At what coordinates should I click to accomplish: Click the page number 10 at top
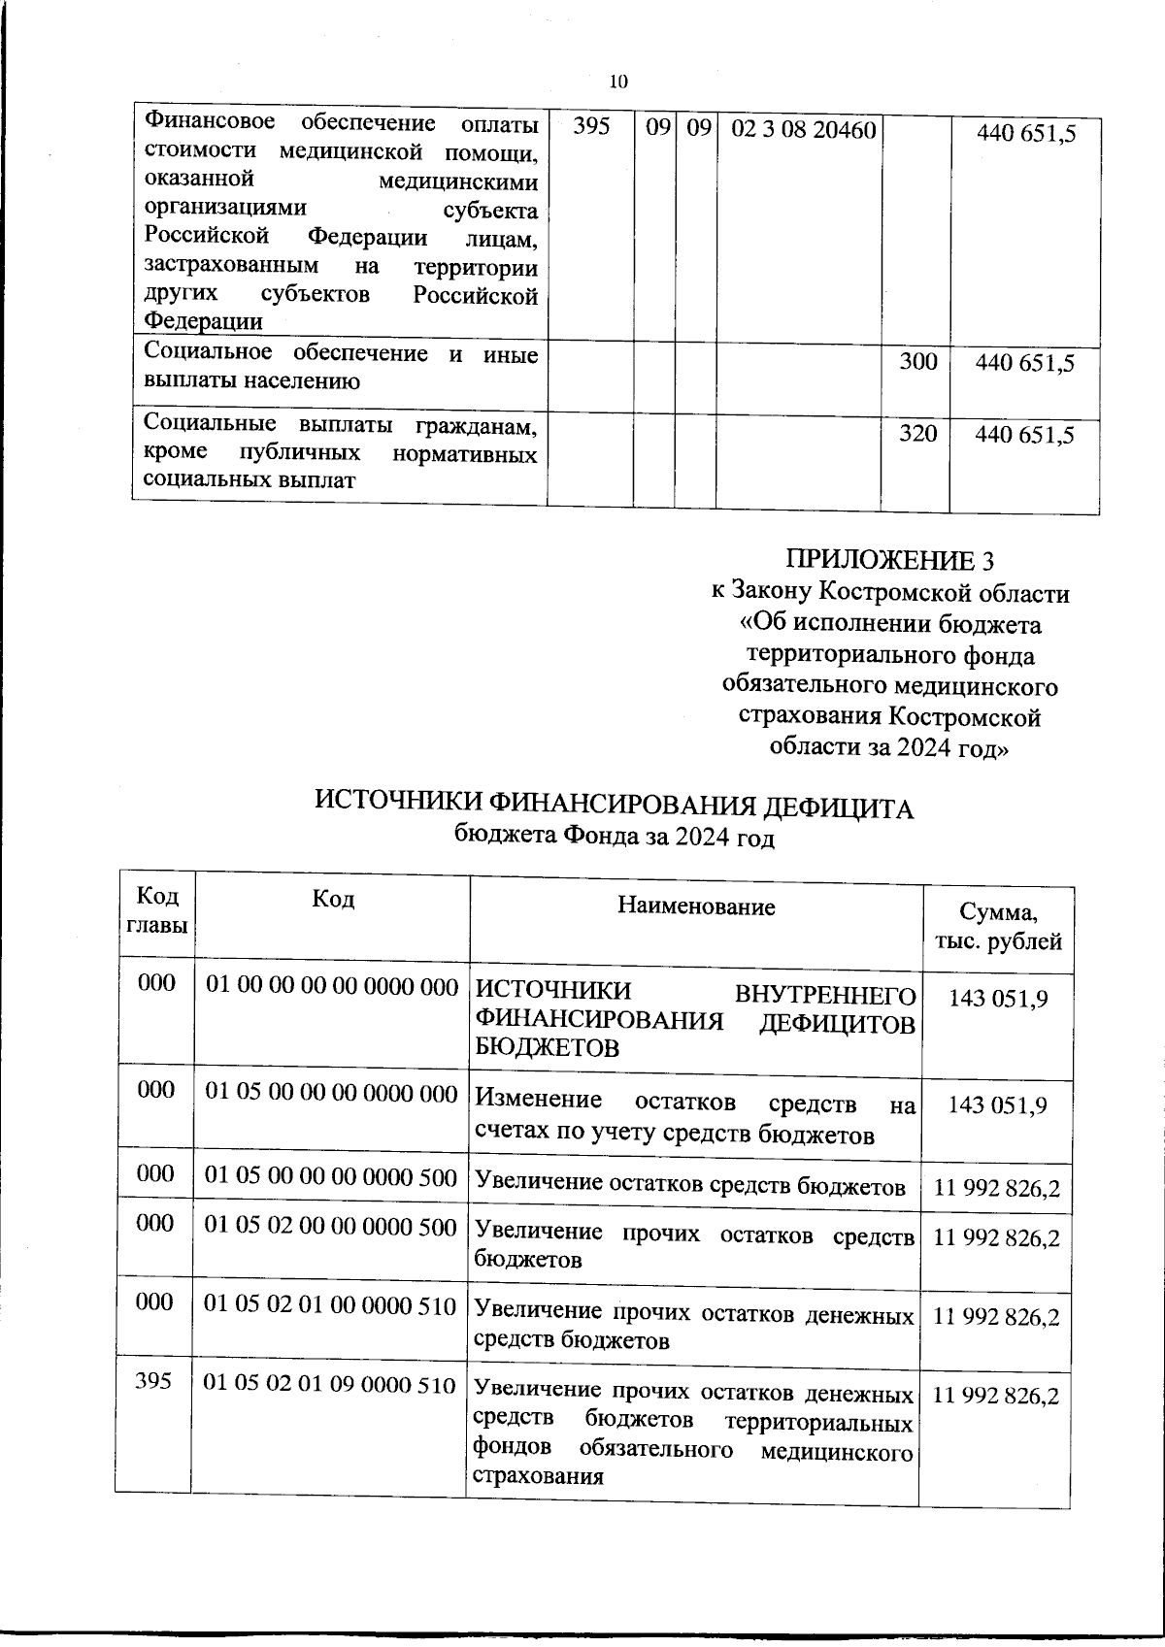[618, 82]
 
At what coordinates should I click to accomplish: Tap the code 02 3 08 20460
[803, 130]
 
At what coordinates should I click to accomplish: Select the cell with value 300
[917, 362]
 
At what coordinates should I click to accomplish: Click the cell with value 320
[917, 434]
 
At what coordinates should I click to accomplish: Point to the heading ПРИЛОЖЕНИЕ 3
[890, 561]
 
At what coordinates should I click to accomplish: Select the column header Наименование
[696, 906]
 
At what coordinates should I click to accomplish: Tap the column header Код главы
[155, 910]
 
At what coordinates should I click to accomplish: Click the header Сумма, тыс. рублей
[998, 926]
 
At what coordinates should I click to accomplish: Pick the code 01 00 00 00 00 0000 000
[332, 987]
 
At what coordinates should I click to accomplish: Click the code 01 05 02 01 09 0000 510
[330, 1385]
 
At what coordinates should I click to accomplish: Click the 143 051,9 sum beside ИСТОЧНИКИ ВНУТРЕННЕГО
[998, 999]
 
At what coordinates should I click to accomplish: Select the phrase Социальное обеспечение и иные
[340, 353]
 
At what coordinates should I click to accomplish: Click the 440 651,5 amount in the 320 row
[1024, 436]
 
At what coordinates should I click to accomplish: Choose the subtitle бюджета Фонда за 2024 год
[615, 836]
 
